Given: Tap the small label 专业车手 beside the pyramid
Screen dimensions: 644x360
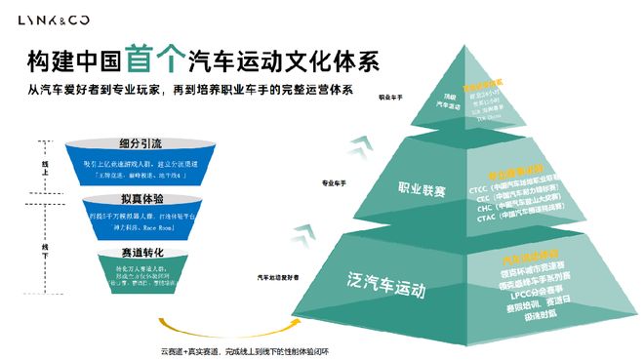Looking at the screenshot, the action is coord(337,182).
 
